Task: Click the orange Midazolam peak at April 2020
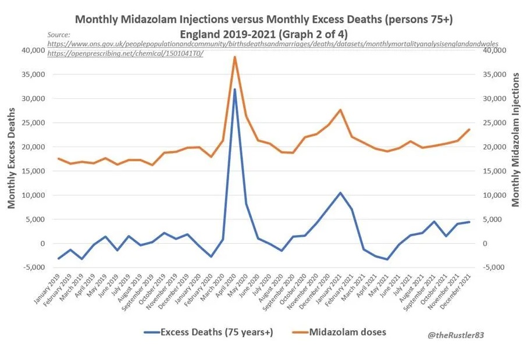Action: pyautogui.click(x=234, y=57)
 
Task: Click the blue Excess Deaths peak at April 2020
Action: pyautogui.click(x=234, y=90)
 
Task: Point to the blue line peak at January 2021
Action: pyautogui.click(x=340, y=193)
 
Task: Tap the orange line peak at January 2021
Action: pyautogui.click(x=340, y=110)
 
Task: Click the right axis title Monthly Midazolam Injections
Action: pyautogui.click(x=515, y=140)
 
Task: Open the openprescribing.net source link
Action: pyautogui.click(x=125, y=53)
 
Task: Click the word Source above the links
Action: pyautogui.click(x=59, y=35)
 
